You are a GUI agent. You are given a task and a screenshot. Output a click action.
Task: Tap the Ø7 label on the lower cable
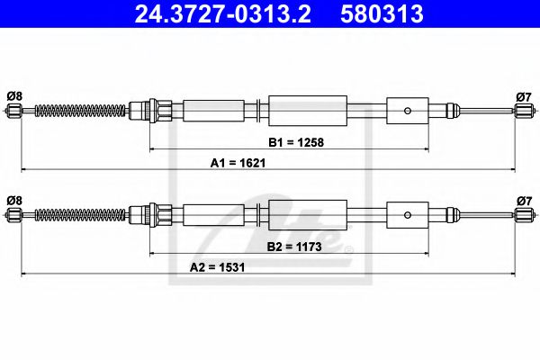click(x=524, y=199)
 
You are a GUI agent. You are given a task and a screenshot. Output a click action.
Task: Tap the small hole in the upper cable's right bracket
click(x=409, y=111)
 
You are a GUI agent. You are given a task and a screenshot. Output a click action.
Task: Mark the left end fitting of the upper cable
click(x=13, y=111)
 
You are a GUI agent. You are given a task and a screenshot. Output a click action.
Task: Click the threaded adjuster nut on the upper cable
click(x=142, y=111)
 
